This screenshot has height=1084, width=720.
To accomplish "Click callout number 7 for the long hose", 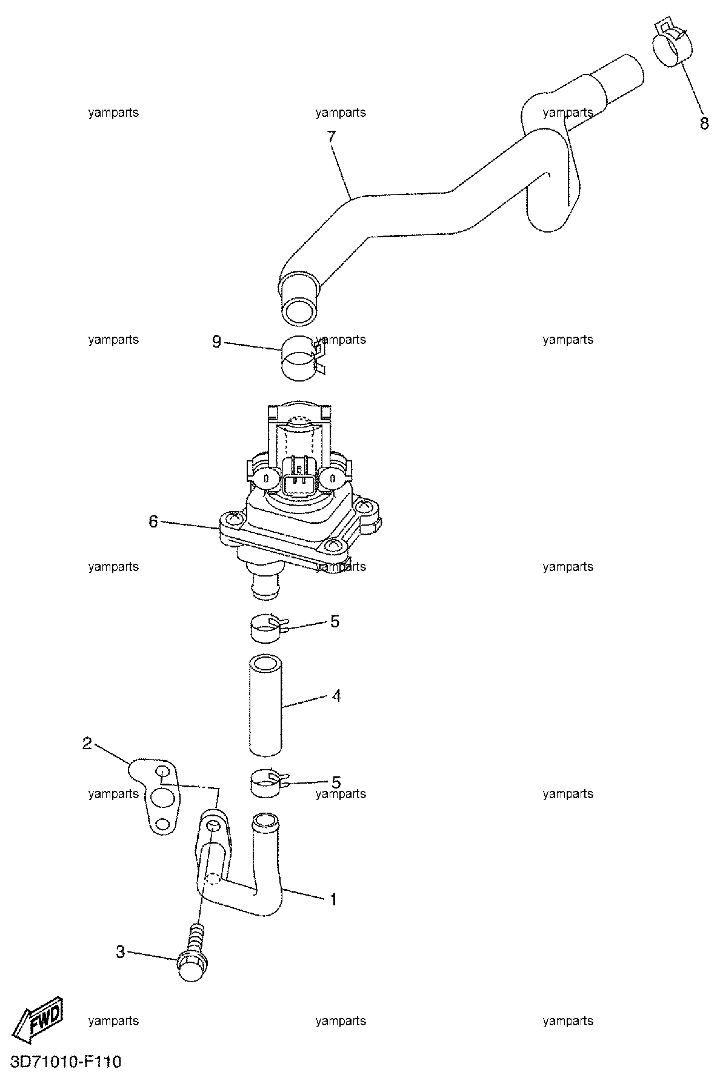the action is pyautogui.click(x=331, y=137).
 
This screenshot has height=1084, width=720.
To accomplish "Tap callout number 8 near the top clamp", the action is pyautogui.click(x=704, y=123).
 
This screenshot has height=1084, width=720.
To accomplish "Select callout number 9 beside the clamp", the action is pyautogui.click(x=217, y=342).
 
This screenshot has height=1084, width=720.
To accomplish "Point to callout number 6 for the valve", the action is pyautogui.click(x=153, y=521).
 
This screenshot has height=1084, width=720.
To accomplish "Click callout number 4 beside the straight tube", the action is pyautogui.click(x=336, y=696).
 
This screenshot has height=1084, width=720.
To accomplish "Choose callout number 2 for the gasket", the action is pyautogui.click(x=87, y=743).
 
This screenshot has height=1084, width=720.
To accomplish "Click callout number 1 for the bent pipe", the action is pyautogui.click(x=333, y=899).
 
